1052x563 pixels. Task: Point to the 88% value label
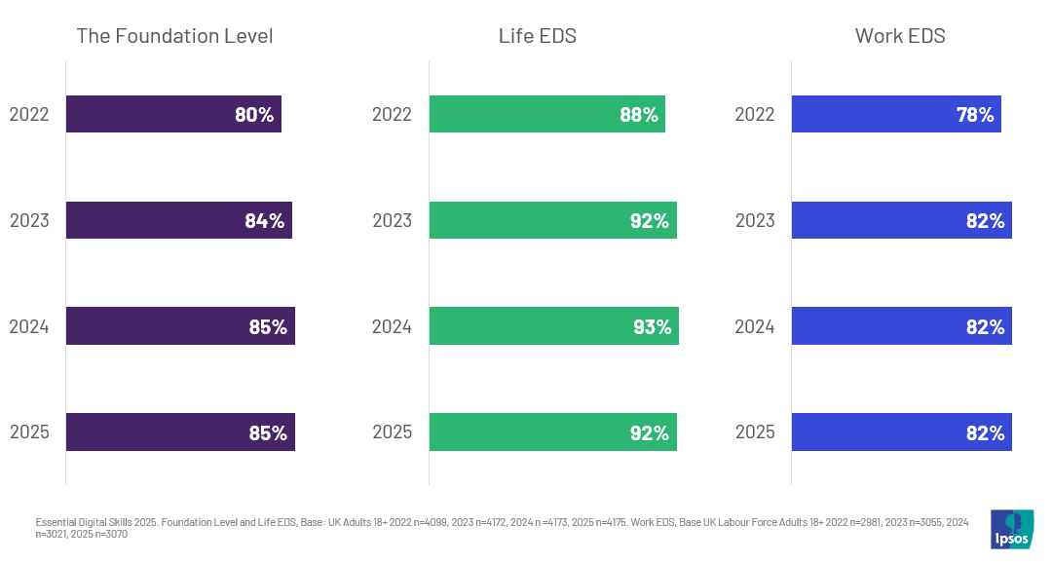pyautogui.click(x=639, y=115)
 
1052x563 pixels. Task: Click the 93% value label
pyautogui.click(x=652, y=327)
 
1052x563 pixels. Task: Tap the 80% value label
pyautogui.click(x=254, y=115)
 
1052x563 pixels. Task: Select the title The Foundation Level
pyautogui.click(x=174, y=36)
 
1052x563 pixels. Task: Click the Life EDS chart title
pyautogui.click(x=538, y=36)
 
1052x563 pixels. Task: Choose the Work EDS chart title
pyautogui.click(x=900, y=36)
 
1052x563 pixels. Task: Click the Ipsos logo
pyautogui.click(x=1011, y=529)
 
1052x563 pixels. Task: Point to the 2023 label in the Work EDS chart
pyautogui.click(x=755, y=220)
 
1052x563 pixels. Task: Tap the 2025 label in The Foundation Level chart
pyautogui.click(x=29, y=432)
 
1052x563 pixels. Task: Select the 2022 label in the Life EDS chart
pyautogui.click(x=392, y=114)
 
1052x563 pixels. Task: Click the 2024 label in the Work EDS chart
pyautogui.click(x=755, y=326)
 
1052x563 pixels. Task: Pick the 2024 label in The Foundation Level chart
pyautogui.click(x=29, y=326)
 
